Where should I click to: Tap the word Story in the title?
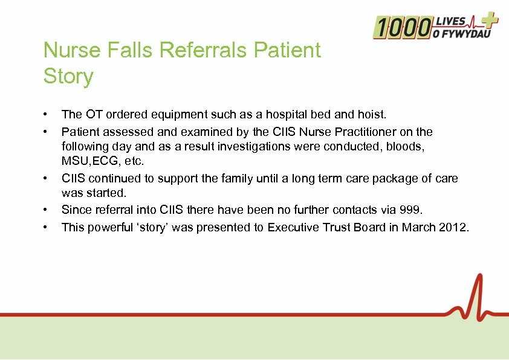point(68,77)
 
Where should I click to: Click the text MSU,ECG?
point(89,162)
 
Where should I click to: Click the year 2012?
point(454,227)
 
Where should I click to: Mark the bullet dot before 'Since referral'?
point(45,210)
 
